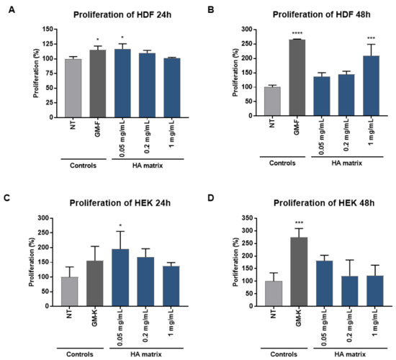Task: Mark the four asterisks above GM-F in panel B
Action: (294, 33)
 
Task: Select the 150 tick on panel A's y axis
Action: (48, 30)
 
